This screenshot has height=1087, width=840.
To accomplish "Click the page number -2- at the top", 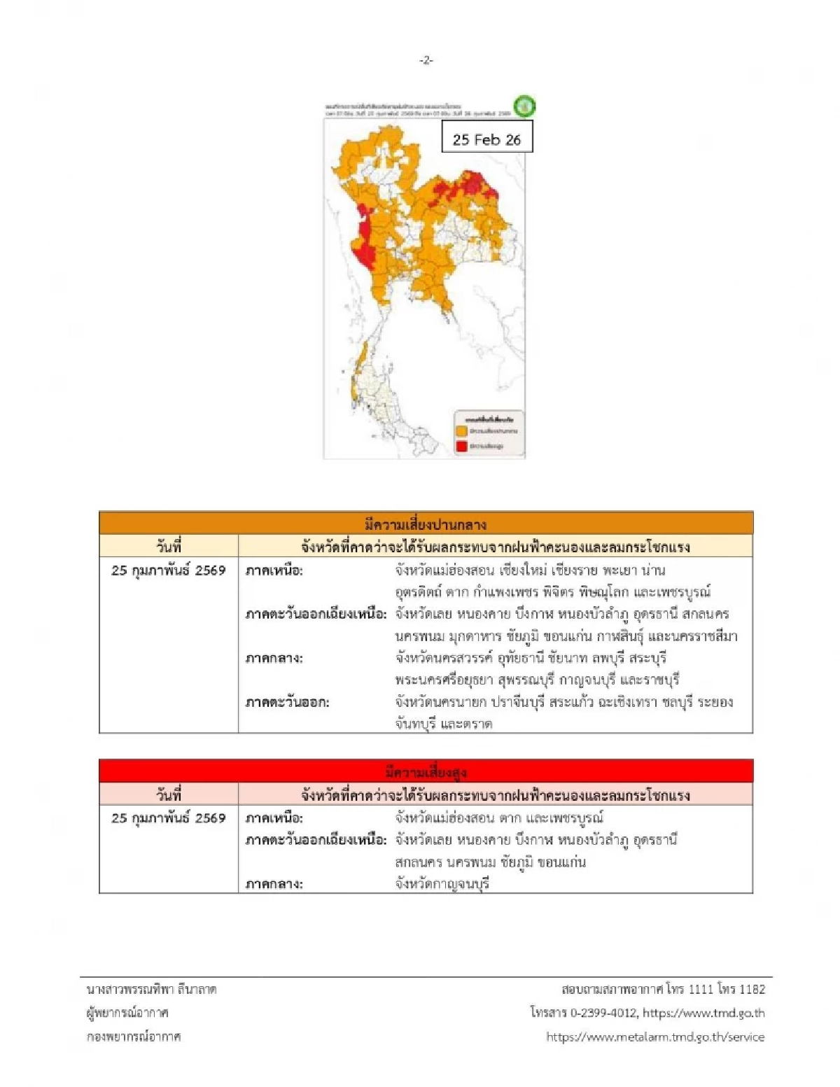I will click(x=426, y=61).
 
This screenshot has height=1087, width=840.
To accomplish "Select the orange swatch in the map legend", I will click(x=462, y=431).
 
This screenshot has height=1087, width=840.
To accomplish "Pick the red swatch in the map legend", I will click(x=462, y=446).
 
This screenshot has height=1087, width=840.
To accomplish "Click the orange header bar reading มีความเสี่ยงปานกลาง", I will click(x=426, y=524).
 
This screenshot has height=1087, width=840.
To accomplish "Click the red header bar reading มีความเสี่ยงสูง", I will click(x=426, y=772).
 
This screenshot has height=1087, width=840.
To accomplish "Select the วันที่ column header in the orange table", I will click(x=169, y=547).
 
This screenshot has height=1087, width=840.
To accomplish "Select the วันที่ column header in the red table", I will click(x=169, y=794).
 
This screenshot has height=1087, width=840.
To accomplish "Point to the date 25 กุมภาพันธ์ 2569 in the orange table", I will click(x=169, y=570).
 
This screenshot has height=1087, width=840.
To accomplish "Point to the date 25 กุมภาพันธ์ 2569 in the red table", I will click(x=169, y=818).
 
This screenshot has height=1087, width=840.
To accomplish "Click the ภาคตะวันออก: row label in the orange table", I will click(x=287, y=702).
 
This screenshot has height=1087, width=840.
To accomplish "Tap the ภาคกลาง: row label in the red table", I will click(x=274, y=884).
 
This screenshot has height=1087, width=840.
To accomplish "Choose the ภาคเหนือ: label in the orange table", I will click(x=274, y=570).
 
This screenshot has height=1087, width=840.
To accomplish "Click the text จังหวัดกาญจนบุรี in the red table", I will click(x=442, y=884).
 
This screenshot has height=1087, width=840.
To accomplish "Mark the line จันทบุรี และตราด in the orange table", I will click(x=444, y=724).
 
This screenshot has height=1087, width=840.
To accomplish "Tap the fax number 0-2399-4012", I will click(x=604, y=1013).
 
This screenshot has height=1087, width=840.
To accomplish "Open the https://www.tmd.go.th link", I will click(x=703, y=1013).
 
